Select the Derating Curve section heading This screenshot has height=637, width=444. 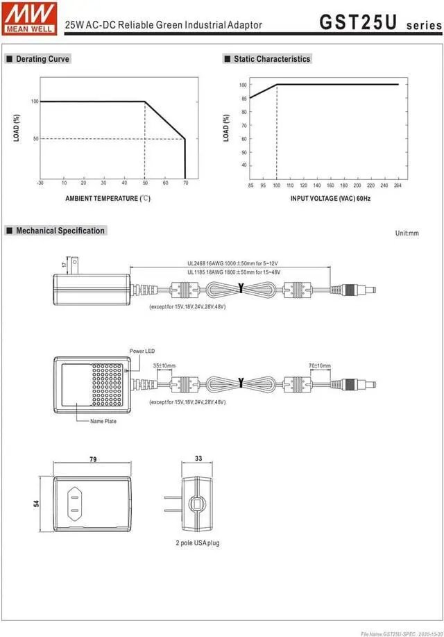coord(42,60)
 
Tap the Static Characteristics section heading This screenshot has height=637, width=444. coord(271,60)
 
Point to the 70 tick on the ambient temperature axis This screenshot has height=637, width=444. coord(185,183)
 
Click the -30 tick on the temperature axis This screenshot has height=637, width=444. coord(40,183)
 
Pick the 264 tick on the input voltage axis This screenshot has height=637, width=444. coord(398,185)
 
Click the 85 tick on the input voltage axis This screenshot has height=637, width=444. coord(250,185)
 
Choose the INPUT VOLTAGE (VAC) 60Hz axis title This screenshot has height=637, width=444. coord(330,199)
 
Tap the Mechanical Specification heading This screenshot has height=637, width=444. coord(60,231)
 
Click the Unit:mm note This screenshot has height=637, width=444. coord(407,233)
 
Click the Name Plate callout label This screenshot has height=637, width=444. coord(103,422)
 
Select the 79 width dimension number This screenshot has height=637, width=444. coord(92,460)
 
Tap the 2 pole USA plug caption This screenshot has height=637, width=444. coord(197,543)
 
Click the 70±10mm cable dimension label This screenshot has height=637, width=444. coord(320,366)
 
